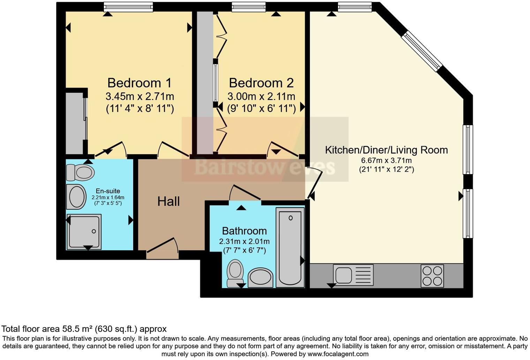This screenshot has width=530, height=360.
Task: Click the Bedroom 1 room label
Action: click(139, 83)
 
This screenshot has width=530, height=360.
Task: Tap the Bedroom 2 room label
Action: click(261, 83)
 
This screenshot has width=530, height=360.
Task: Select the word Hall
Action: click(168, 202)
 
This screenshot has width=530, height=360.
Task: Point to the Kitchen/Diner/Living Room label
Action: click(386, 150)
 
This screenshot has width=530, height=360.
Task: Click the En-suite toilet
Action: click(80, 172)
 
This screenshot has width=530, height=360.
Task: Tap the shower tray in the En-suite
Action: click(84, 232)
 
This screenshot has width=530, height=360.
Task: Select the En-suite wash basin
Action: click(76, 197)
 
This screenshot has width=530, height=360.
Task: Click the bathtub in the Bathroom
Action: click(290, 248)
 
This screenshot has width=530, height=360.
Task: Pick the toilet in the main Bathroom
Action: click(235, 273)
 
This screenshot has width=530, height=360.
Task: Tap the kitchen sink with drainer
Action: click(353, 275)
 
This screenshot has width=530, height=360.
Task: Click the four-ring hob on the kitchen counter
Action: click(432, 276)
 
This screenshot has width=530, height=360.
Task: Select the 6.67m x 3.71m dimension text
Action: click(386, 160)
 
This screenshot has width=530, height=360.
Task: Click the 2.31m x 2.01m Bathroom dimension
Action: click(244, 241)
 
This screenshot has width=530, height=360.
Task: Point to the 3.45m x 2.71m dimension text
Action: click(139, 97)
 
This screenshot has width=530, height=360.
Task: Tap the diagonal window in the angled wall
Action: click(422, 51)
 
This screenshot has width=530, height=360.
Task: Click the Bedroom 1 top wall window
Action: click(128, 7)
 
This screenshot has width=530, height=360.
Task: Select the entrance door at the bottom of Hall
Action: click(162, 248)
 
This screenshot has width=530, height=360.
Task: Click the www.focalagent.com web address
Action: click(338, 354)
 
